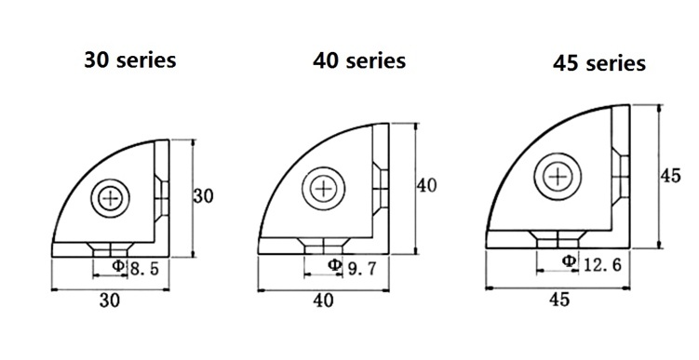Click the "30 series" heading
click(130, 60)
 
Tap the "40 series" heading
click(359, 60)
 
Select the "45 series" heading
click(599, 63)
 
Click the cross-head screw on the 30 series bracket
click(111, 198)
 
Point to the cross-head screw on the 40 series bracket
click(323, 189)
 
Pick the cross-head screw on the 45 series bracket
click(558, 177)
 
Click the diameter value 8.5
click(143, 269)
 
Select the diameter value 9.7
click(362, 268)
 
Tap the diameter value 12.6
click(602, 265)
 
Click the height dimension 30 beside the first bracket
click(203, 196)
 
